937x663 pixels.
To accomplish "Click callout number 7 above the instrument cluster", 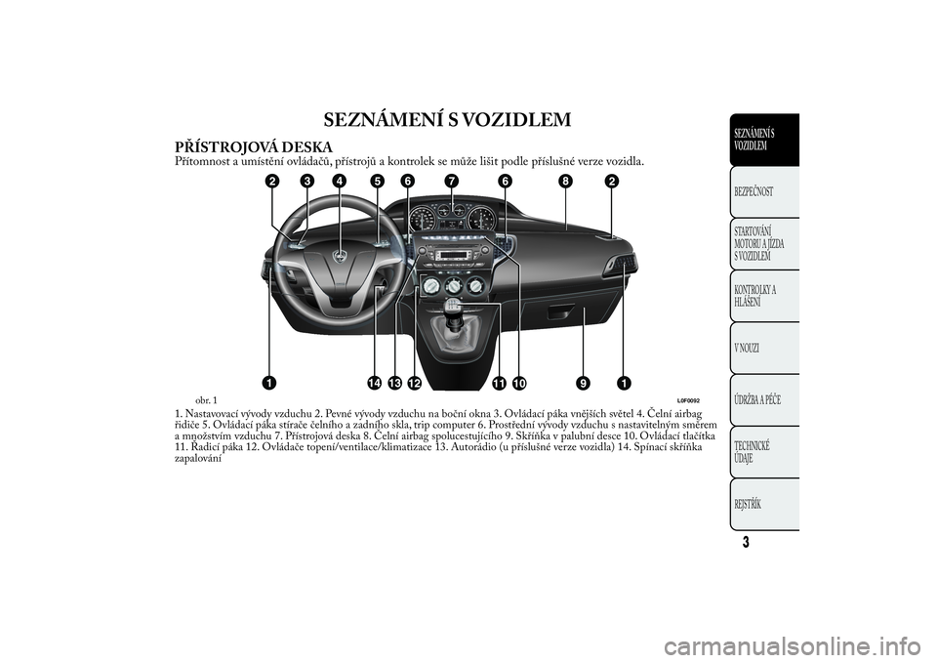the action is click(x=451, y=181).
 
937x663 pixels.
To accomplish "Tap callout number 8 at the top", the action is click(x=565, y=181).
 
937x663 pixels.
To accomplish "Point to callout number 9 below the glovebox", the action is click(x=583, y=380).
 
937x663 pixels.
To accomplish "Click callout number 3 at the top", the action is click(x=306, y=181).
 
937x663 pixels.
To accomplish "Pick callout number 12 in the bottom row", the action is click(x=415, y=380).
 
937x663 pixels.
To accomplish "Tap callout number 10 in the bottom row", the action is click(x=517, y=380).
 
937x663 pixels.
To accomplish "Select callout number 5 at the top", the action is click(x=375, y=181).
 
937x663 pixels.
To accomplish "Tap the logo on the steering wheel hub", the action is click(x=342, y=257).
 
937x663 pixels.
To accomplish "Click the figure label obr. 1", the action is click(x=206, y=399).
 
